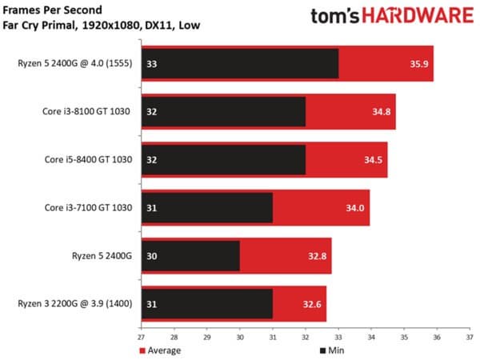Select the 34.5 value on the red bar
coord(373,160)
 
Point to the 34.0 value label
coord(356,209)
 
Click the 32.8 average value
coord(317,258)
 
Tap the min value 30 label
coord(150,258)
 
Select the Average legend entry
coord(160,350)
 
